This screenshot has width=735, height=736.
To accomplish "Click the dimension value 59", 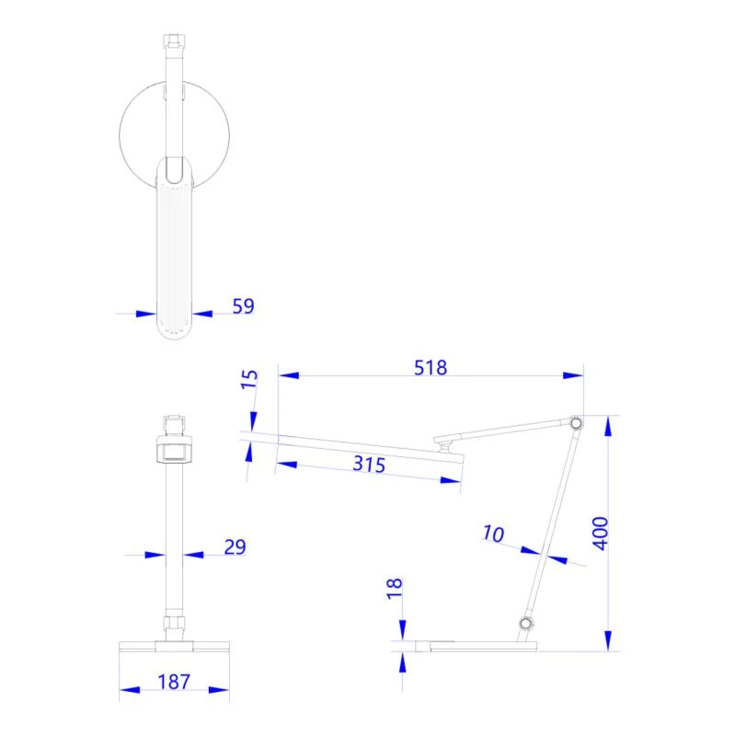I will coord(243,306).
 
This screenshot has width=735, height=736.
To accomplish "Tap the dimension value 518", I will coord(430,368).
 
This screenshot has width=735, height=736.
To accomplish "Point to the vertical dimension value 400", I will coord(600,533).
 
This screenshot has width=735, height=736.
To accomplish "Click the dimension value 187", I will coord(173,682).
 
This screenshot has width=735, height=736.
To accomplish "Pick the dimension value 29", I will coord(235,547).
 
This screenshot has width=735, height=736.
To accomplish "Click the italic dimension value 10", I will coord(494,533).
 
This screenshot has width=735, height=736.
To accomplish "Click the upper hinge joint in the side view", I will coord(576,423).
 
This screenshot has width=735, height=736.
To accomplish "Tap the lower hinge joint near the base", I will coord(525,625).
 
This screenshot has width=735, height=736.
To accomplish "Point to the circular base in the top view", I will coord(138,129).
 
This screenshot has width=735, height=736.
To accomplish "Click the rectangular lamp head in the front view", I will coord(174,451).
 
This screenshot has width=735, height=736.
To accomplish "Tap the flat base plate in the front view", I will coord(174,645).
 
